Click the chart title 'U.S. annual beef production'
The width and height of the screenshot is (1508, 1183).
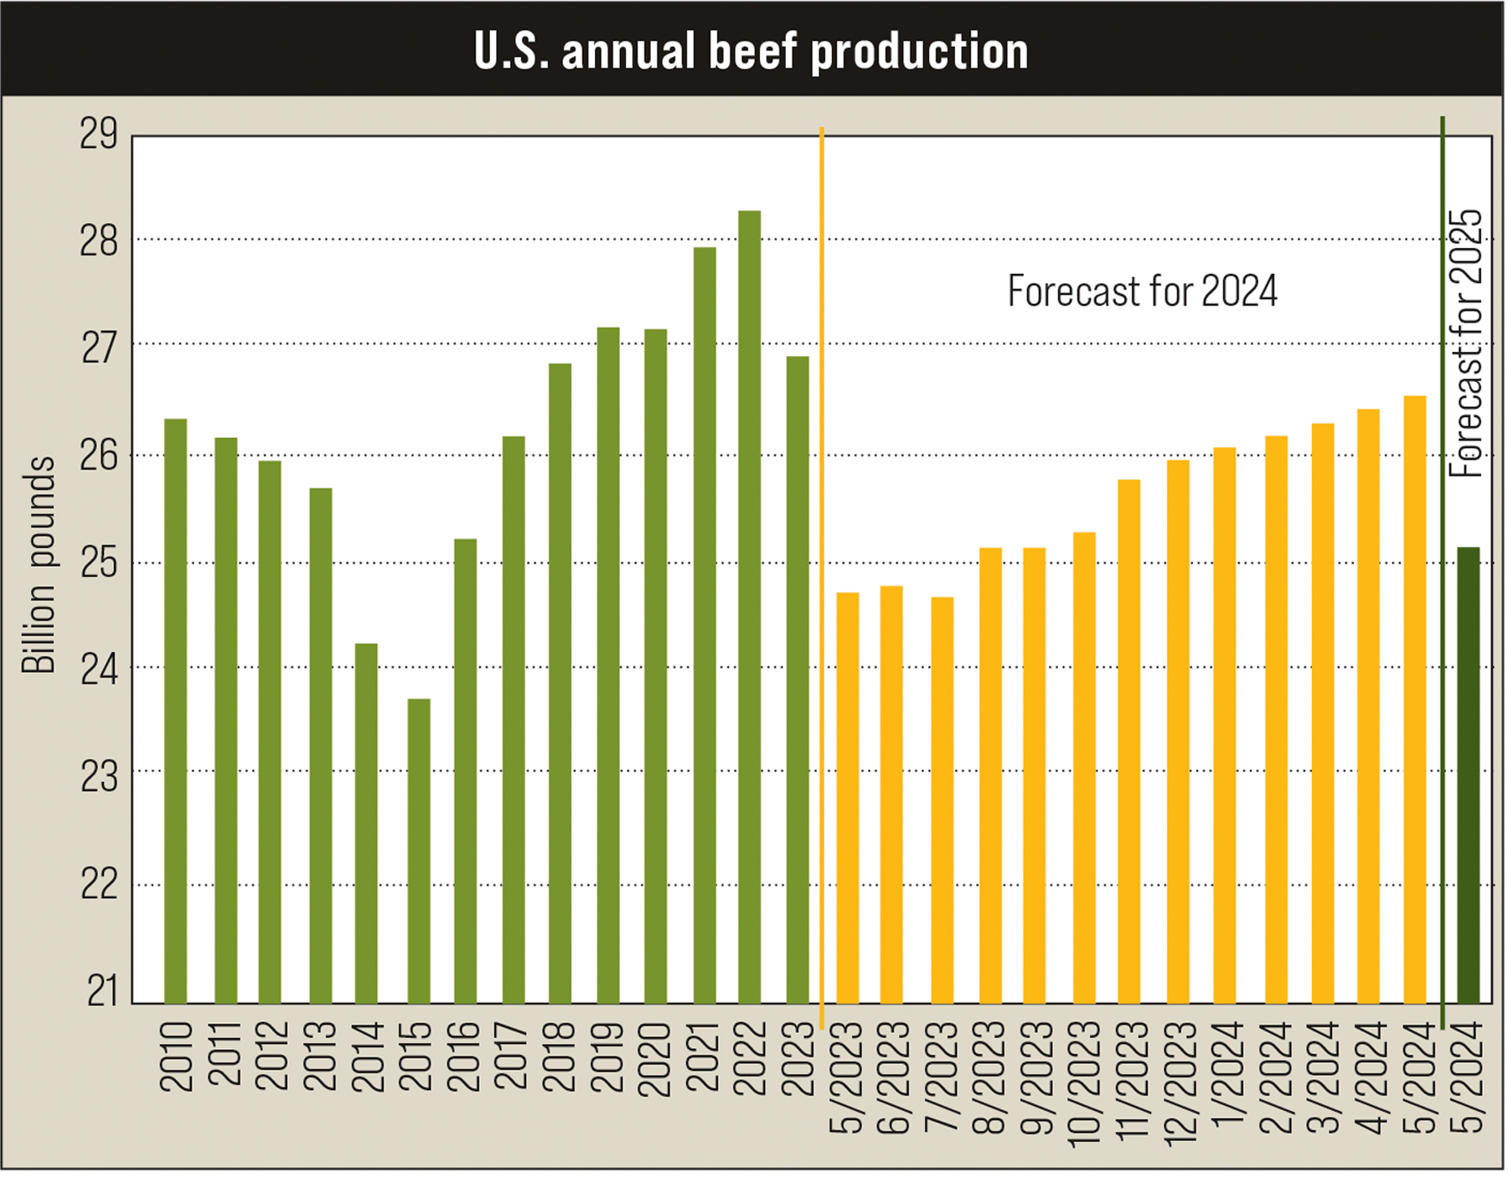751,51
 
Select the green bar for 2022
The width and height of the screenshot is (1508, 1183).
749,607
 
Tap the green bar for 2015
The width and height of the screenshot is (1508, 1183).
419,850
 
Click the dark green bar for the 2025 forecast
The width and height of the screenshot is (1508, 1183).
1468,775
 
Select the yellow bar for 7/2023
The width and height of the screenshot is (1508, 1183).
942,800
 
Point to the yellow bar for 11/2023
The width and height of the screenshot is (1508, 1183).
1128,741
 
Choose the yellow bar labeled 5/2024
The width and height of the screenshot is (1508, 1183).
1414,700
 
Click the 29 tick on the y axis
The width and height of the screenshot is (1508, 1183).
99,135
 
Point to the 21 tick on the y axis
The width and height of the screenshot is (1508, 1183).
102,991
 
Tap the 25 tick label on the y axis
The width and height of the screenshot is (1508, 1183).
99,564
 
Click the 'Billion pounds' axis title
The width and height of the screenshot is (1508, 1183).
39,565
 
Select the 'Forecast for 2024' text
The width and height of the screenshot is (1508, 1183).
1141,292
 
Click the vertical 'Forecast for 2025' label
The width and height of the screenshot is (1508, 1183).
1465,344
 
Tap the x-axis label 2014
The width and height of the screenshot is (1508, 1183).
367,1057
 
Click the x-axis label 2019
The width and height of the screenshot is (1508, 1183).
607,1057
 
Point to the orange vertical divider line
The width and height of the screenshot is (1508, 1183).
821,578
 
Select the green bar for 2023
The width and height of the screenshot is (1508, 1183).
798,679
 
